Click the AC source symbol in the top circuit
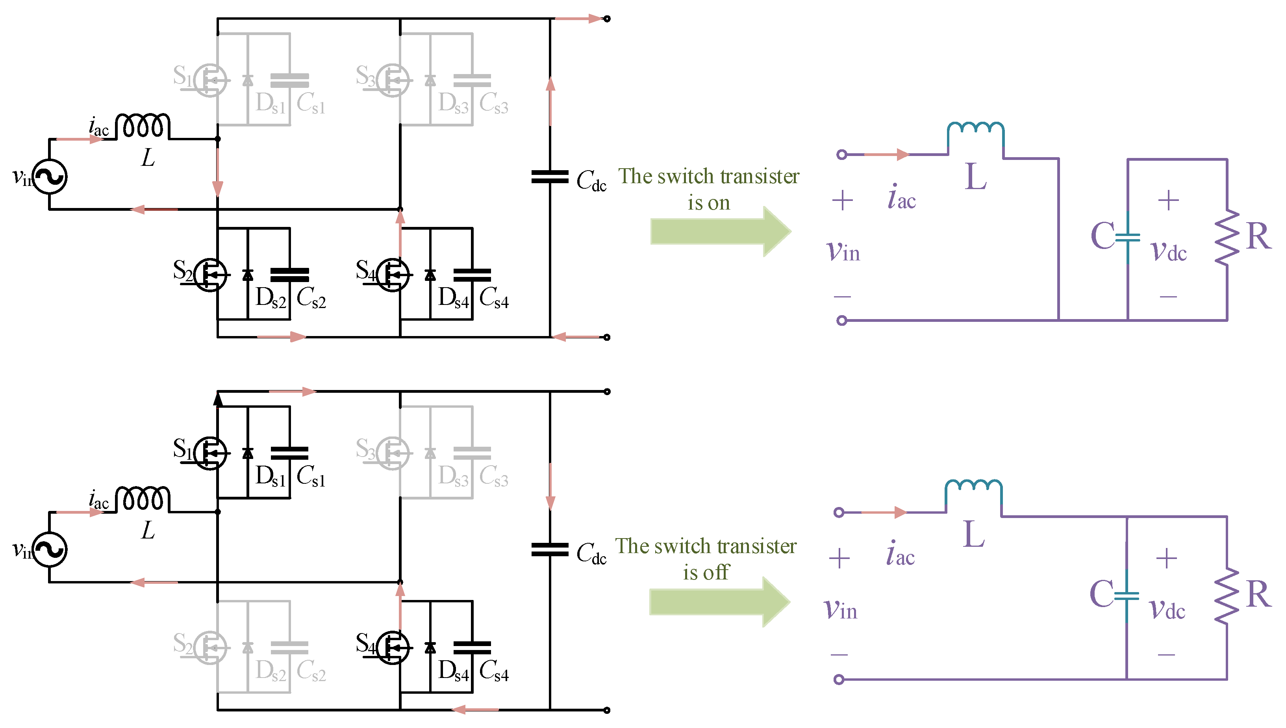pyautogui.click(x=50, y=176)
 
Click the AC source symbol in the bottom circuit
pyautogui.click(x=50, y=550)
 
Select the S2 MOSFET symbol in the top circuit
pyautogui.click(x=210, y=275)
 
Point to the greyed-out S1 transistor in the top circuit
pyautogui.click(x=210, y=80)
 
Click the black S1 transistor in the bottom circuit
pyautogui.click(x=210, y=453)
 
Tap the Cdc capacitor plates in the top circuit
pyautogui.click(x=550, y=176)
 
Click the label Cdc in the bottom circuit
pyautogui.click(x=591, y=553)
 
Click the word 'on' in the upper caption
pyautogui.click(x=719, y=203)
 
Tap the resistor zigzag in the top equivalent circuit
pyautogui.click(x=1227, y=237)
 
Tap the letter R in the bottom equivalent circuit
pyautogui.click(x=1258, y=594)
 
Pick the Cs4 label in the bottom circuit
pyautogui.click(x=494, y=671)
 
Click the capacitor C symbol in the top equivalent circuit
pyautogui.click(x=1128, y=237)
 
